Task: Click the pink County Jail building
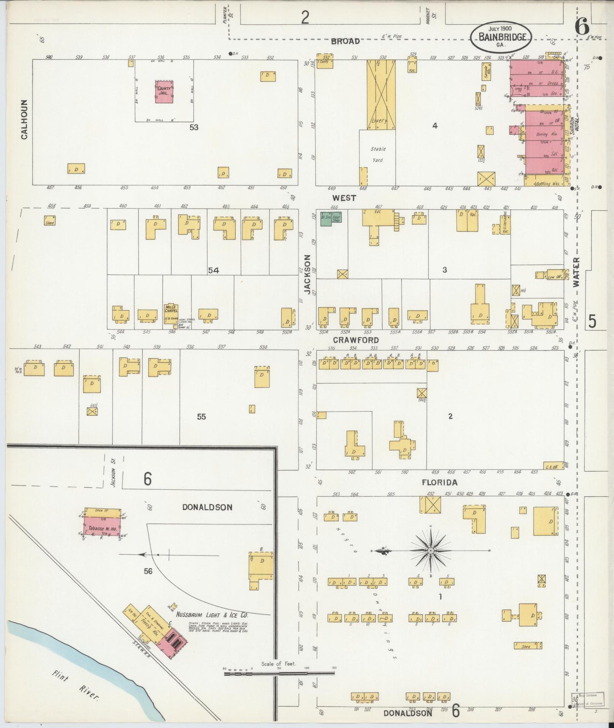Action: [x=164, y=92]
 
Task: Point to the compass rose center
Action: [x=430, y=550]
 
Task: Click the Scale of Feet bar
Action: [x=279, y=673]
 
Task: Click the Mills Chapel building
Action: [x=171, y=313]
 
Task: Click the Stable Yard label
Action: [x=377, y=155]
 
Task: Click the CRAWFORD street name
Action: [x=356, y=340]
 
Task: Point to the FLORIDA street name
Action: [x=439, y=483]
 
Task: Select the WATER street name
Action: [x=576, y=272]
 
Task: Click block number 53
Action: [x=194, y=127]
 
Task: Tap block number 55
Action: [x=201, y=417]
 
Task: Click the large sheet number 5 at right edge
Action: [x=592, y=322]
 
